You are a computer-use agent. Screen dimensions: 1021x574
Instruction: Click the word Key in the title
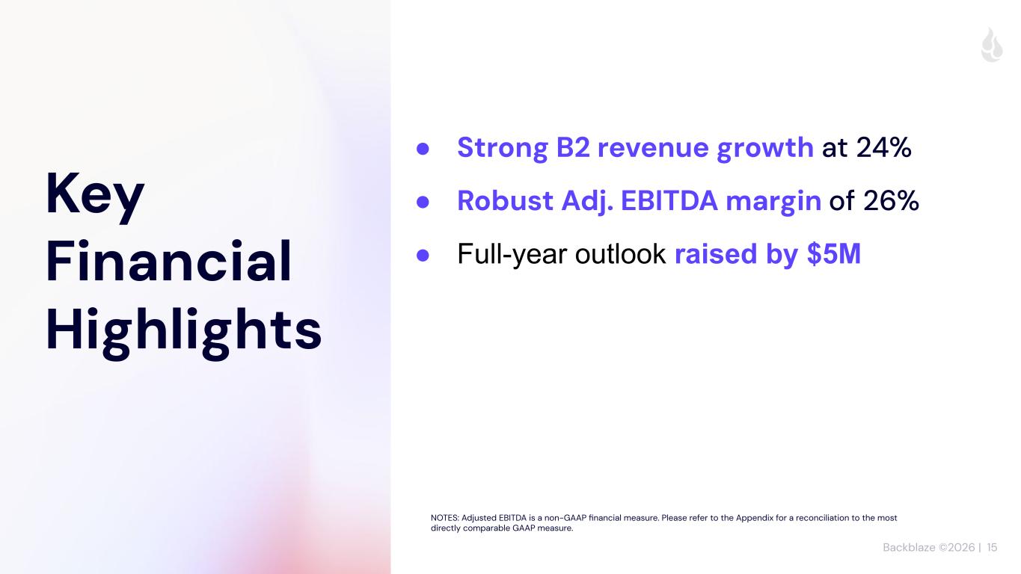tap(95, 196)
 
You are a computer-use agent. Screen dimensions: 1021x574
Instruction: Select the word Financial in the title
tap(168, 261)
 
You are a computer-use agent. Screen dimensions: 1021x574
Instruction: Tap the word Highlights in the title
tap(184, 332)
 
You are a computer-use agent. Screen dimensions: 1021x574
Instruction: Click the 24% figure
tap(883, 147)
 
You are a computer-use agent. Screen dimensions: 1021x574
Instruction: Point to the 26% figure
tap(891, 200)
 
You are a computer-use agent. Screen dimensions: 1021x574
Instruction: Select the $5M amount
tap(834, 253)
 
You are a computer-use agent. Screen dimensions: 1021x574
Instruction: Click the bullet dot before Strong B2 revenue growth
tap(423, 149)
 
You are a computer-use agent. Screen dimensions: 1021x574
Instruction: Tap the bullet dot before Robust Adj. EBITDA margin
tap(423, 202)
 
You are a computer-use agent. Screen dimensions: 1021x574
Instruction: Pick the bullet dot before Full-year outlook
tap(423, 255)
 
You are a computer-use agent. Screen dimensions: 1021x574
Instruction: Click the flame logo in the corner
tap(992, 45)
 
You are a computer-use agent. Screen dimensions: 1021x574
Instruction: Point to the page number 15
tap(992, 547)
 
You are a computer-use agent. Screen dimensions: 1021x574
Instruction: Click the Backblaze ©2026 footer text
tap(928, 547)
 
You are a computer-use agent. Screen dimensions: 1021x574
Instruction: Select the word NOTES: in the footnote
tap(444, 518)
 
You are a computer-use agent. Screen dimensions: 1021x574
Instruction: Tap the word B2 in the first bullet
tap(572, 147)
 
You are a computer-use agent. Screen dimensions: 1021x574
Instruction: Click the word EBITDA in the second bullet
tap(669, 200)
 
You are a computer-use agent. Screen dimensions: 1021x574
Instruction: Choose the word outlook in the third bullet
tap(620, 253)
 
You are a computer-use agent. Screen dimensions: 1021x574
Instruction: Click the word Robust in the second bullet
tap(505, 200)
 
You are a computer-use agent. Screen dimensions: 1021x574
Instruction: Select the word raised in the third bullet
tap(716, 253)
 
